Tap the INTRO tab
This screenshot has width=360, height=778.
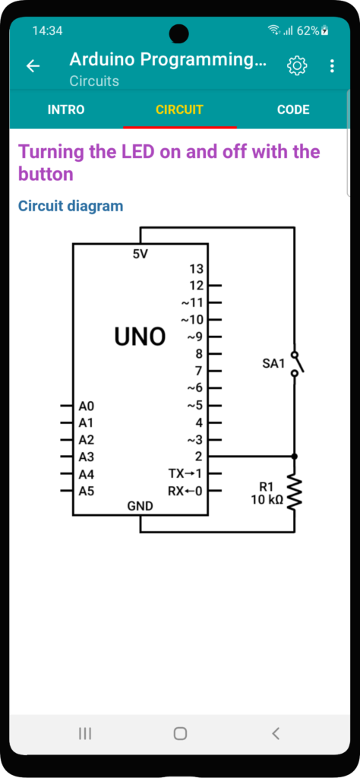coord(66,109)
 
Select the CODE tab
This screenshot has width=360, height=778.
coord(293,109)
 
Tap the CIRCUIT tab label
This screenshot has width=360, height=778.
coord(179,109)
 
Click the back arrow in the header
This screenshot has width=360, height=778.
coord(33,65)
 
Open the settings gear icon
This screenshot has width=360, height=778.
coord(297,65)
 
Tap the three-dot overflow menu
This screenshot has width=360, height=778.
coord(332,65)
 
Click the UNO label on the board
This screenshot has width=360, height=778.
coord(140,337)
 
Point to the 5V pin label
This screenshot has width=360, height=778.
coord(141,254)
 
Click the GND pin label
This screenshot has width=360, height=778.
coord(141,506)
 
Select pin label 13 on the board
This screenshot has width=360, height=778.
coord(197,269)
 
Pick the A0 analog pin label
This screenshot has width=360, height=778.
coord(87,406)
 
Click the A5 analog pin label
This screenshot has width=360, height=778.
coord(87,492)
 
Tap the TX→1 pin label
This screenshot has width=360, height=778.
coord(186,473)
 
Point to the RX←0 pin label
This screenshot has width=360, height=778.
coord(186,492)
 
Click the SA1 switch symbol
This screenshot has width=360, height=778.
coord(297,364)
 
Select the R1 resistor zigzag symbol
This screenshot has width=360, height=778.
coord(295,492)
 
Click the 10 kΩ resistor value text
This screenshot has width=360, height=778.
coord(267,500)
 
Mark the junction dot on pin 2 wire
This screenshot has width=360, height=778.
coord(295,456)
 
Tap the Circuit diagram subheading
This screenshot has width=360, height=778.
coord(71,205)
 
